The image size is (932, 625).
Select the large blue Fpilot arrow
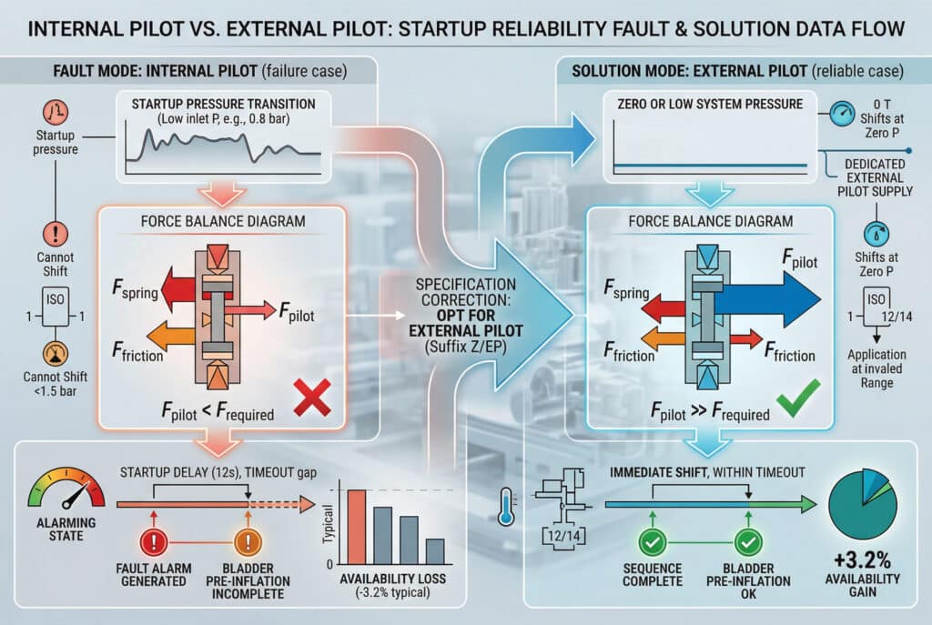tap(774, 291)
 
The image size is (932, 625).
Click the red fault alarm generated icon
tap(155, 542)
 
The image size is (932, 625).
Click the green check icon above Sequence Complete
tap(653, 543)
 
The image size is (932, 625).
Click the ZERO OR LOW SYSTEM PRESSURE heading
tap(710, 104)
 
